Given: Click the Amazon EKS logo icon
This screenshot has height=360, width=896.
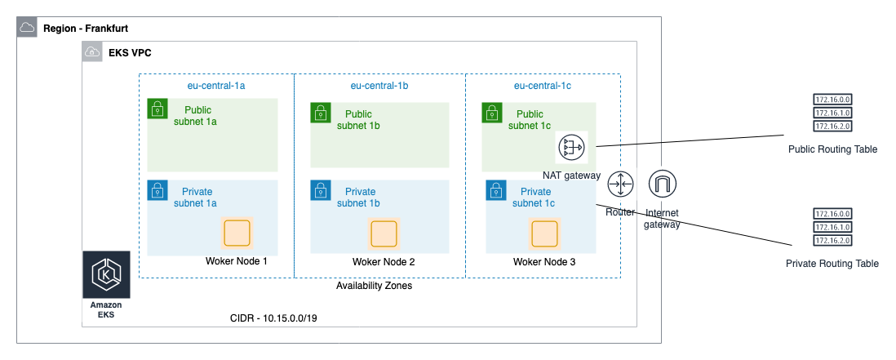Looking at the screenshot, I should click(105, 275).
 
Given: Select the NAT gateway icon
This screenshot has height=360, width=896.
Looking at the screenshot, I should click(571, 148).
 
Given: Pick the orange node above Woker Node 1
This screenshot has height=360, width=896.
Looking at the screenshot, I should click(237, 233).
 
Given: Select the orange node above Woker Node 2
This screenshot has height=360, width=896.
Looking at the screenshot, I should click(384, 233).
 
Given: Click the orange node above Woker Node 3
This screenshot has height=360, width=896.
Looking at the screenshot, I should click(544, 233).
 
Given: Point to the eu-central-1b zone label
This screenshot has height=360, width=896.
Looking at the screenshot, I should click(379, 85).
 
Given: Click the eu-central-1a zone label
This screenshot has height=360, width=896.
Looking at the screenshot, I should click(216, 85).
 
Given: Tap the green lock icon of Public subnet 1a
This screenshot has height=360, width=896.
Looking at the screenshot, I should click(157, 109).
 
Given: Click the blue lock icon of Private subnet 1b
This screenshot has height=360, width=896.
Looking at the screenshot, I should click(321, 191).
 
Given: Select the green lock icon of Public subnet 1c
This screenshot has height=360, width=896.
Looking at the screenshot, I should click(492, 113).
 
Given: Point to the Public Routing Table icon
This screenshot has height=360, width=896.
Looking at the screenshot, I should click(832, 113).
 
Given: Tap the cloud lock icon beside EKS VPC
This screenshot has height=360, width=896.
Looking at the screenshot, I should click(92, 53).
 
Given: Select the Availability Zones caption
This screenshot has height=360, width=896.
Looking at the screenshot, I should click(374, 286).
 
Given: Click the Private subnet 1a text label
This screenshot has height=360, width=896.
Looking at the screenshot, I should click(195, 198).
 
